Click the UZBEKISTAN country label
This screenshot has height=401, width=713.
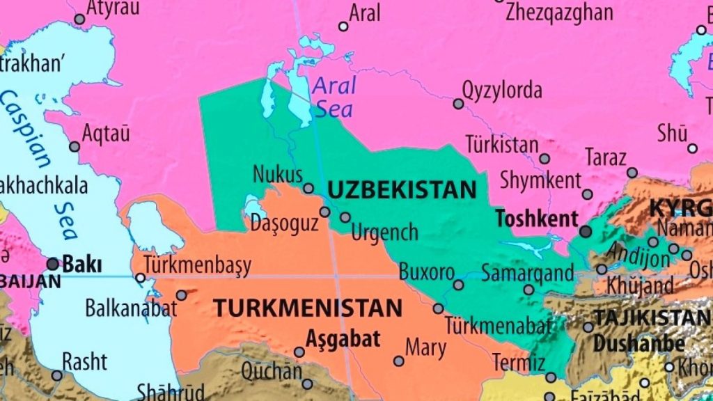pos(402,190)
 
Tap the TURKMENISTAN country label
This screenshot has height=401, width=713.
pos(307,308)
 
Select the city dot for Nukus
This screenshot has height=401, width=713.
pos(308,188)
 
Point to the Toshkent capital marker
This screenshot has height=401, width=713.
pos(586,231)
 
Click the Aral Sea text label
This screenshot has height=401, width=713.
pos(334,97)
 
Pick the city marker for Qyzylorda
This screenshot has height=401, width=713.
pos(458,104)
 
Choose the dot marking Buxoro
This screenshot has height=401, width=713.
pos(458,285)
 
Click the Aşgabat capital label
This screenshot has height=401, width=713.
pos(343,339)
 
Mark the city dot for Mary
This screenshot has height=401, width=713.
pos(398,361)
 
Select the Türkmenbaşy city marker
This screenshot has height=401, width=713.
pos(141,278)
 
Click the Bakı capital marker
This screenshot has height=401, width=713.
pos(53,264)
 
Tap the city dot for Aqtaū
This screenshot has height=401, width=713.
pos(75,147)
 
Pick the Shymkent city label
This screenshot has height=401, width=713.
pos(540,180)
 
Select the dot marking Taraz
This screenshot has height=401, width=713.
pos(632,173)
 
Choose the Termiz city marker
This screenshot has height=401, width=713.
pos(551,377)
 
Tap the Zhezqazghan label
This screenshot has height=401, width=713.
pos(560,12)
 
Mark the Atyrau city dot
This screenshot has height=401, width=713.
pos(79,19)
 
